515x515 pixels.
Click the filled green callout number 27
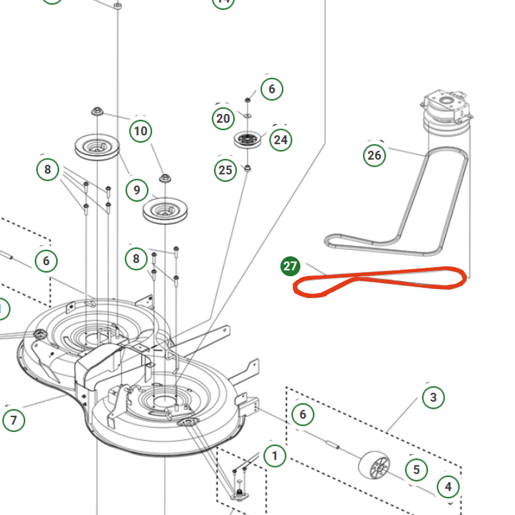coord(290,266)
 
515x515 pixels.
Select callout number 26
coord(374,154)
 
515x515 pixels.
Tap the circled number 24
coord(281,139)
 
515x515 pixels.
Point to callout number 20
coord(223,118)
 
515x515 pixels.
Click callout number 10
coord(140,132)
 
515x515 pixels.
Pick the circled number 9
coord(137,190)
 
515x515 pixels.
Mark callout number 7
coord(14,420)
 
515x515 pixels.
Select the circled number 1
coord(275,456)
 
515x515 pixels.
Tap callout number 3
coord(433,397)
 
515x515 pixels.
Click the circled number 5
coord(417,469)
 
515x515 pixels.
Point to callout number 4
coord(449,487)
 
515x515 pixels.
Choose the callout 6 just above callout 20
coord(272,89)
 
